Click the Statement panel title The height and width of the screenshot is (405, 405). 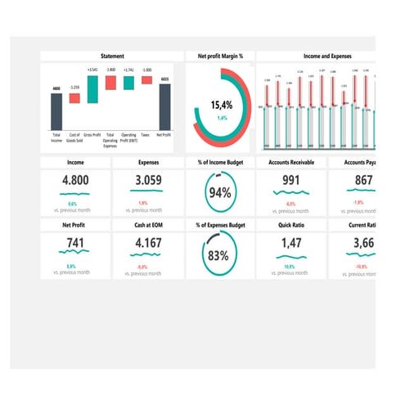pyautogui.click(x=112, y=56)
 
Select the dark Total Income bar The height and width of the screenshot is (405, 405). pyautogui.click(x=56, y=111)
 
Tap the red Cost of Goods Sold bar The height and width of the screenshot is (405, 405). pyautogui.click(x=74, y=98)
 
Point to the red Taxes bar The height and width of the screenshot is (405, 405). pyautogui.click(x=146, y=80)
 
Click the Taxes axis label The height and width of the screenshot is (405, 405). pyautogui.click(x=145, y=134)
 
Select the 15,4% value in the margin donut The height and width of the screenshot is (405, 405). pyautogui.click(x=221, y=105)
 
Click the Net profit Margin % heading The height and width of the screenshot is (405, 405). pyautogui.click(x=220, y=56)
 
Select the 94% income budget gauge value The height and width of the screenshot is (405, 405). pyautogui.click(x=219, y=193)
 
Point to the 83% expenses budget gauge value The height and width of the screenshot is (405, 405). pyautogui.click(x=218, y=254)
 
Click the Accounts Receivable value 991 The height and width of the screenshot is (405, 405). pyautogui.click(x=291, y=181)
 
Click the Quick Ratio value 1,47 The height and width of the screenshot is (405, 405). pyautogui.click(x=291, y=243)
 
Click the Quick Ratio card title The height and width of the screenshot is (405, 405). pyautogui.click(x=291, y=224)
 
